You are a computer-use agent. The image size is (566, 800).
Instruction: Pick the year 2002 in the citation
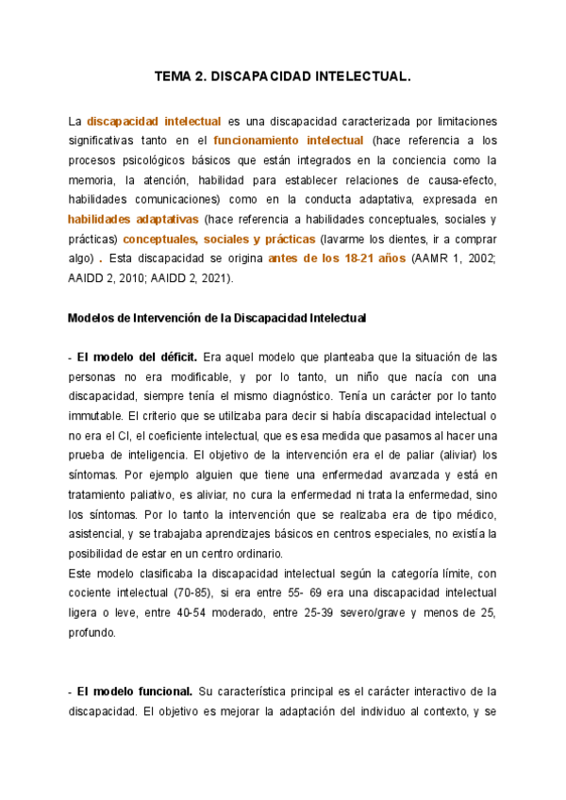click(480, 259)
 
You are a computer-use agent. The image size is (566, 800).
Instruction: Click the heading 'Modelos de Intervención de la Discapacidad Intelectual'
click(216, 318)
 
